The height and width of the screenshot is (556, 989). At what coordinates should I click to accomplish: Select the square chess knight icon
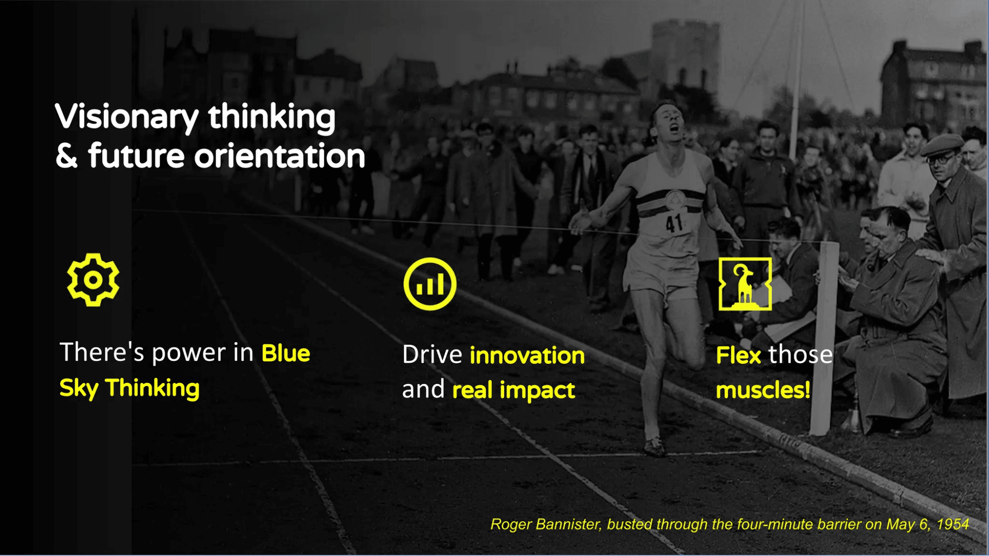745,284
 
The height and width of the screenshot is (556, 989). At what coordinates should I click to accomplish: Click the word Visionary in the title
127,118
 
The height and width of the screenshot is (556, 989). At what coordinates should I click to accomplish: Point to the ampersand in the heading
67,156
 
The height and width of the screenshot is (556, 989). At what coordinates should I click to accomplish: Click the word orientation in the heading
280,156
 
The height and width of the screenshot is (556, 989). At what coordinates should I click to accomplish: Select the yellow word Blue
285,353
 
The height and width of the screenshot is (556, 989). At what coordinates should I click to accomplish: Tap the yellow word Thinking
152,388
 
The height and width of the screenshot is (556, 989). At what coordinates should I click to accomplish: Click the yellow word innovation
527,355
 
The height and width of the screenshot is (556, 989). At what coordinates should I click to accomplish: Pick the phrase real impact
514,390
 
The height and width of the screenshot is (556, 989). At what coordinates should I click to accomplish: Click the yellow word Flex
738,355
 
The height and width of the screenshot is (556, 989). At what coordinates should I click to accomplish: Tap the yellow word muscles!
763,390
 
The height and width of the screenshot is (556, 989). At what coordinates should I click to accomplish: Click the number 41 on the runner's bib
674,223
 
